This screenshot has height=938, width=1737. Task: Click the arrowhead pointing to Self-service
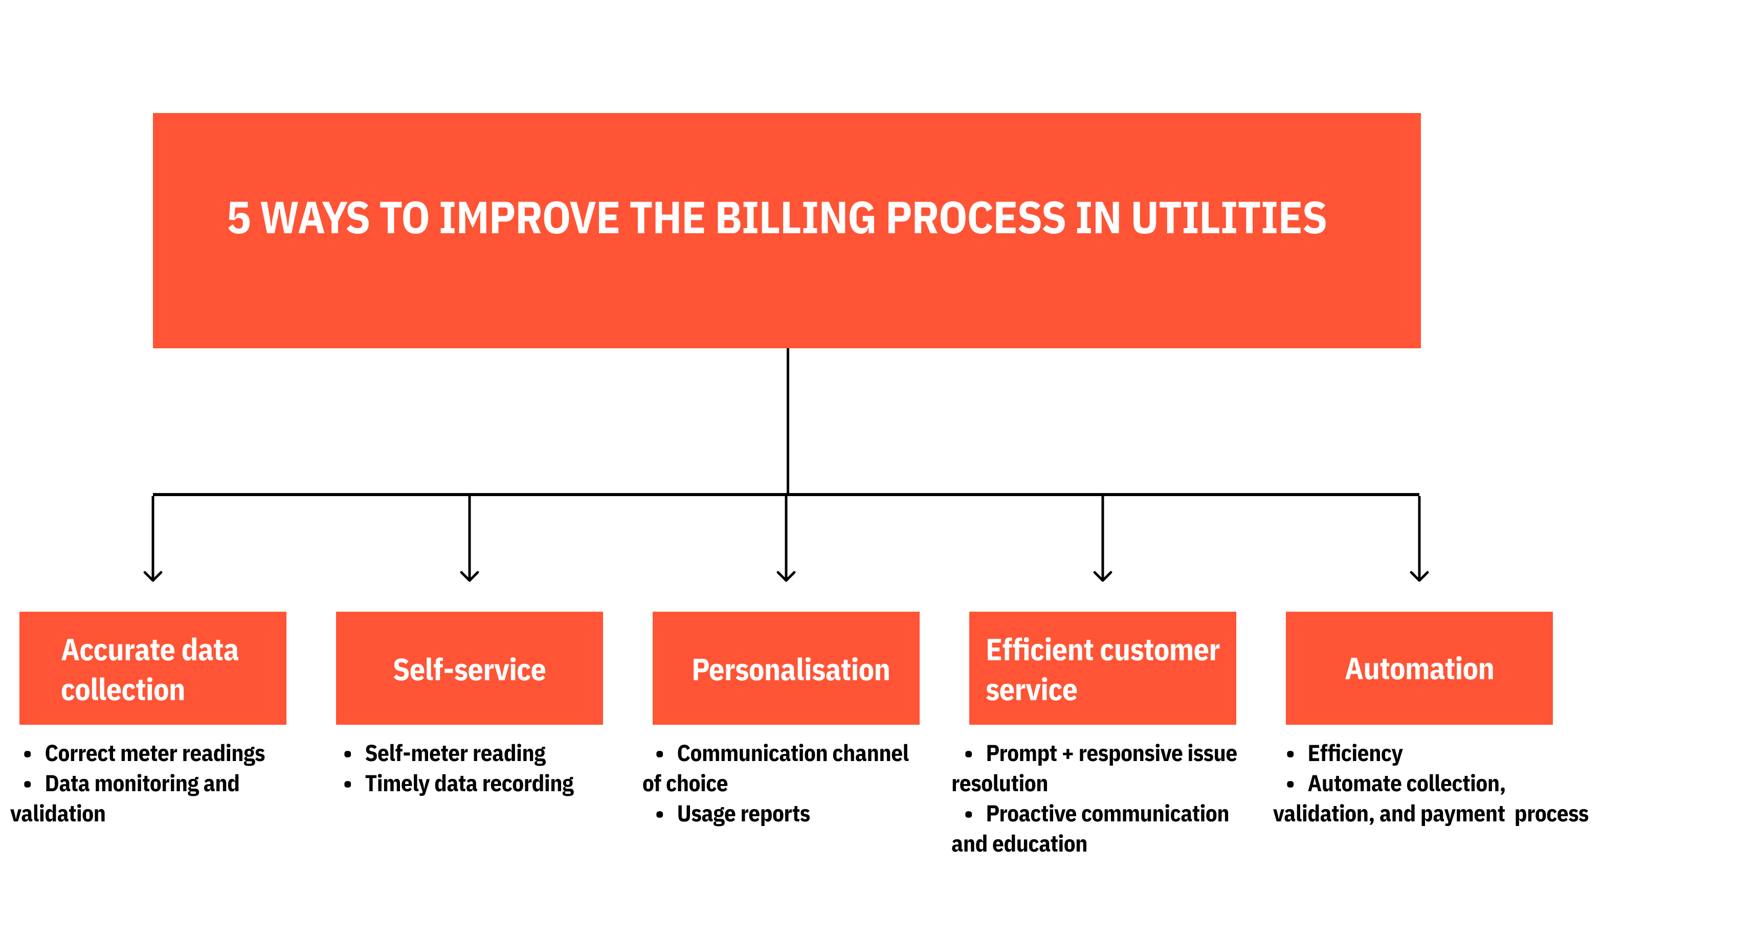(x=470, y=575)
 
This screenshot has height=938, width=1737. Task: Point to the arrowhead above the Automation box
(x=1419, y=575)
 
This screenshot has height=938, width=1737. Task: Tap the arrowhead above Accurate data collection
(x=153, y=575)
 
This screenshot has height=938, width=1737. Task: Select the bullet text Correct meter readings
(x=154, y=753)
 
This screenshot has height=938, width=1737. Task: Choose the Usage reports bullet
(x=743, y=814)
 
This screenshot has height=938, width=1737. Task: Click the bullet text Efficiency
(x=1355, y=753)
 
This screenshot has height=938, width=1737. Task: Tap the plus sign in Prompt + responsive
(x=1067, y=754)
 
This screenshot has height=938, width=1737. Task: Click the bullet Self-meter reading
(x=455, y=753)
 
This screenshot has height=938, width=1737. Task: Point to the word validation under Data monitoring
(x=58, y=814)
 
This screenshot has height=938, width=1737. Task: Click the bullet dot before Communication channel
(x=659, y=754)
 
